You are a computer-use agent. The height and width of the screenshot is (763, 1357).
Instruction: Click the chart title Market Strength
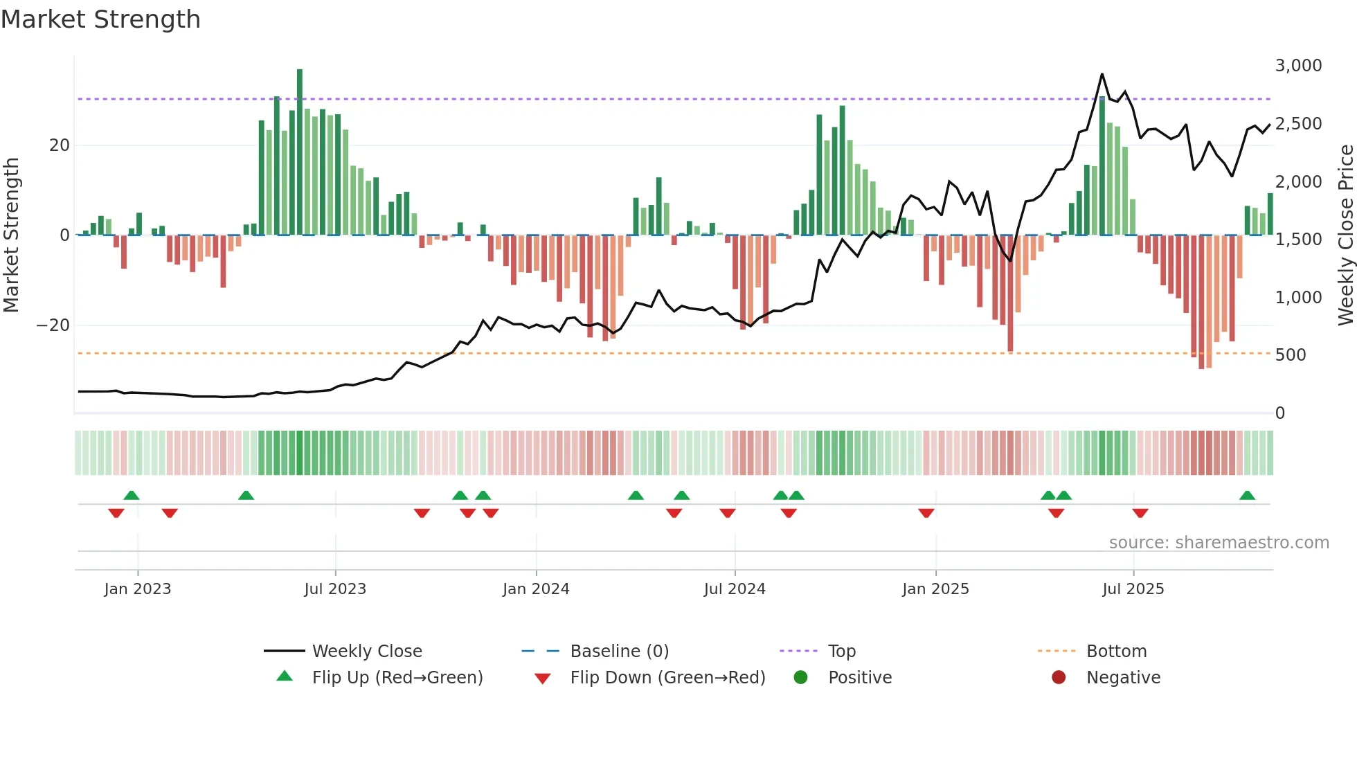100,19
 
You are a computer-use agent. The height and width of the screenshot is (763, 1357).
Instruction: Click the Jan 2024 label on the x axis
536,589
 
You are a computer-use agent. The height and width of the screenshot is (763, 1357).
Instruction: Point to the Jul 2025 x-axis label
1133,589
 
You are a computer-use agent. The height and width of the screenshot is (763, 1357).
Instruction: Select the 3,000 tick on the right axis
1298,66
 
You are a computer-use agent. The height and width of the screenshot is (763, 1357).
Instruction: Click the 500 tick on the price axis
1291,355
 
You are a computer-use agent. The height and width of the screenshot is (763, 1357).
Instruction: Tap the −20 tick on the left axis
53,325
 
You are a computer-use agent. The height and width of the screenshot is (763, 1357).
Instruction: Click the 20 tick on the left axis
60,145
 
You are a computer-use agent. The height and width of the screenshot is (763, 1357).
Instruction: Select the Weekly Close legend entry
367,652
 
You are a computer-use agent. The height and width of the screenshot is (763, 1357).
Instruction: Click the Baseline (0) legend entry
619,652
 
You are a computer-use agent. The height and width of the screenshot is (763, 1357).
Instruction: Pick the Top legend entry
842,652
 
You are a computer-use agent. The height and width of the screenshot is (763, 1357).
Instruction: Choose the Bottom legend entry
1116,652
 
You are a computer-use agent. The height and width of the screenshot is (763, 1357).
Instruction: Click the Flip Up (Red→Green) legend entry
397,678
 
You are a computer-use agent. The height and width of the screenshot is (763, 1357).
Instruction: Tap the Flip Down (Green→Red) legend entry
667,678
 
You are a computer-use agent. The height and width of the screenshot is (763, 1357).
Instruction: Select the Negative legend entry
1123,678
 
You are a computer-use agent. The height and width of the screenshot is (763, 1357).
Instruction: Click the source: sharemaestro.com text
1219,543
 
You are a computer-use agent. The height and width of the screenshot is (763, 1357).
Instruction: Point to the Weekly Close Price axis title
1345,235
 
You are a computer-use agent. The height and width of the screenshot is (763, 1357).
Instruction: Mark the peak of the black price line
1102,74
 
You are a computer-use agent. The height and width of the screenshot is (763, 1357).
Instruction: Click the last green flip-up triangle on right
1247,495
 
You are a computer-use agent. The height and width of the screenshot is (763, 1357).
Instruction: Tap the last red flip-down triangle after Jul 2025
1140,513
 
